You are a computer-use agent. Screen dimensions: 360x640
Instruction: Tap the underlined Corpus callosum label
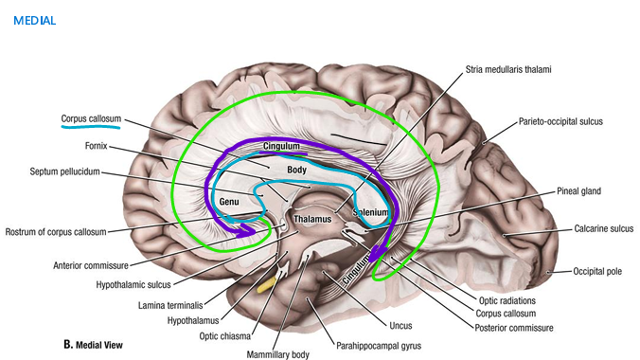(91, 119)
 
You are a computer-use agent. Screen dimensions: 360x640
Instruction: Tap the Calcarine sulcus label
(603, 228)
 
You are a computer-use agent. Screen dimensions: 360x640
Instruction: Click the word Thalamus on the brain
(312, 219)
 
